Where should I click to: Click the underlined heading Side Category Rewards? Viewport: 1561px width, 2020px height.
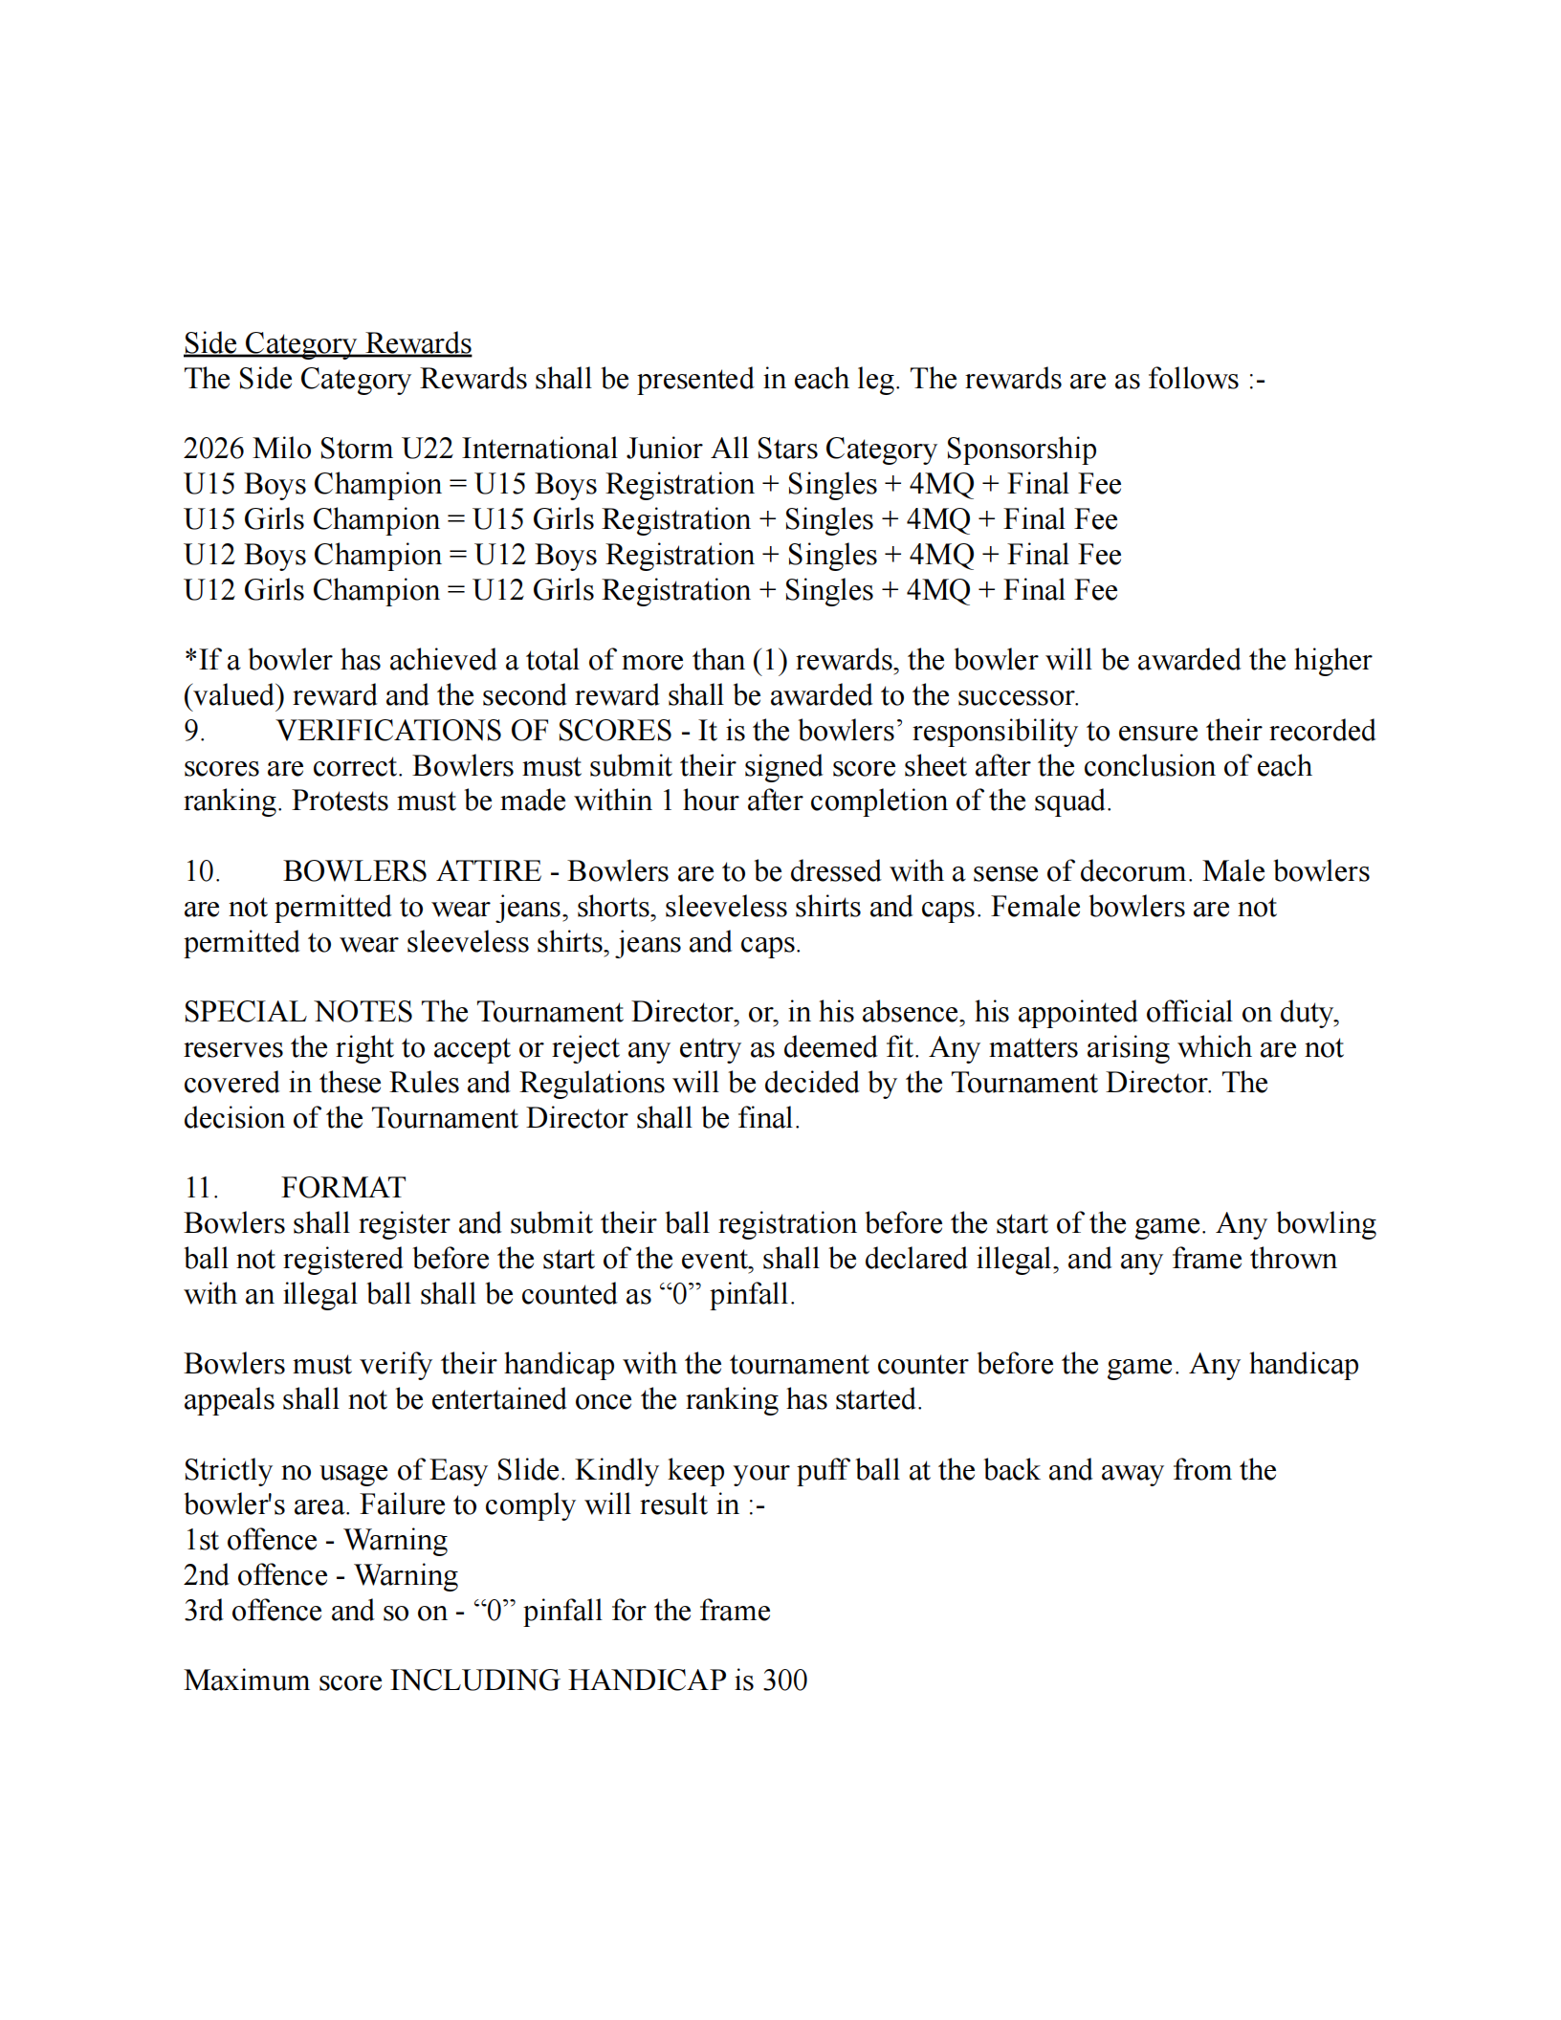(x=327, y=343)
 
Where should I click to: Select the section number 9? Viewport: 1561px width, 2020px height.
(x=193, y=731)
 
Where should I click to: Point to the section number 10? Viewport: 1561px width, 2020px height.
(x=202, y=871)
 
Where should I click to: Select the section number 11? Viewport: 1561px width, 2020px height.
(x=201, y=1188)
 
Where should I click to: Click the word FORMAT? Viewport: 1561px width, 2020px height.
(x=343, y=1188)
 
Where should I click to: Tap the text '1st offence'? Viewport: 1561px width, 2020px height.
(x=251, y=1540)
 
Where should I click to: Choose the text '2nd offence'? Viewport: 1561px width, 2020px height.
(x=255, y=1575)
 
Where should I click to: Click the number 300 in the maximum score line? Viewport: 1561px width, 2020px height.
(x=784, y=1680)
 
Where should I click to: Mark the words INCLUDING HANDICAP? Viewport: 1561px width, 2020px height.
(x=559, y=1680)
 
